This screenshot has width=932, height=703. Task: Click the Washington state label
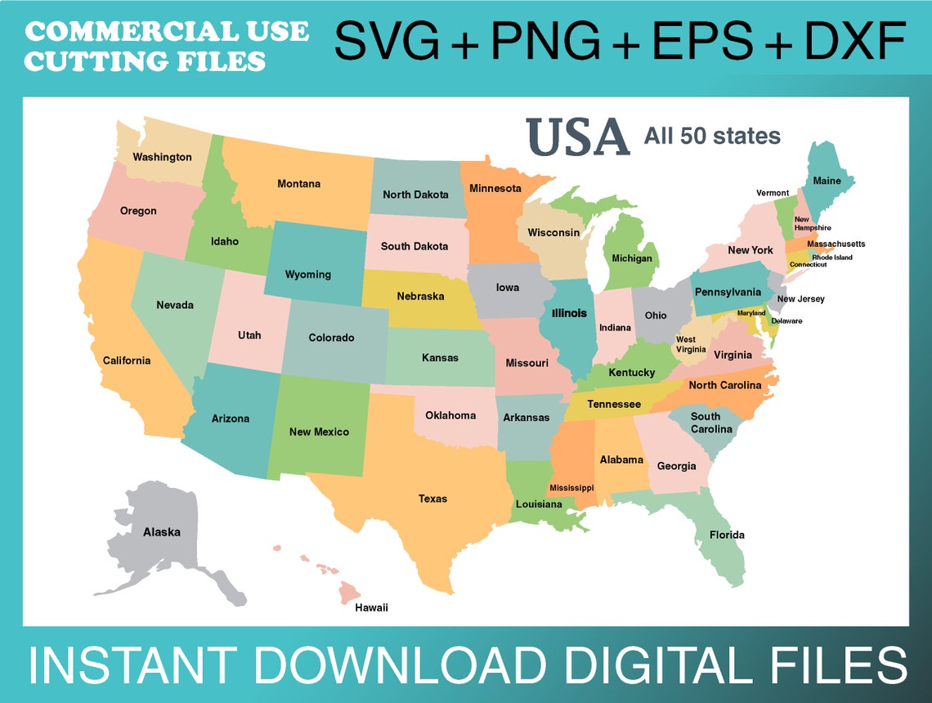[x=162, y=157]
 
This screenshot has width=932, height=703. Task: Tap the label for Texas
[x=432, y=499]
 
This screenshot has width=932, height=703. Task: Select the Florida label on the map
[x=726, y=535]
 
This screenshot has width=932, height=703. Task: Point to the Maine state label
[x=827, y=181]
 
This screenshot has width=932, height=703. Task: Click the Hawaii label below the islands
[x=371, y=607]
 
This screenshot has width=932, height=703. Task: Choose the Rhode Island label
[x=831, y=257]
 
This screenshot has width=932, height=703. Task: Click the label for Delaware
[x=786, y=321]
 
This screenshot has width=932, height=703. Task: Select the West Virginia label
[x=686, y=344]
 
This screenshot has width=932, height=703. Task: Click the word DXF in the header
[x=855, y=41]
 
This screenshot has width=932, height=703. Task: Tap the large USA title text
[x=577, y=137]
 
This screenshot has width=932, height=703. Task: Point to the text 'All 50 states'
[x=712, y=136]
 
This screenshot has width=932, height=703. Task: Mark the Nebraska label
[x=420, y=296]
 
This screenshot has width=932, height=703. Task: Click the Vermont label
[x=773, y=193]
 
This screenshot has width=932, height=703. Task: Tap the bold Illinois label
[x=569, y=313]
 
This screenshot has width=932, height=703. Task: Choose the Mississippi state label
[x=571, y=488]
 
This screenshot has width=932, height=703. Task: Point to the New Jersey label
[x=800, y=299]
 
